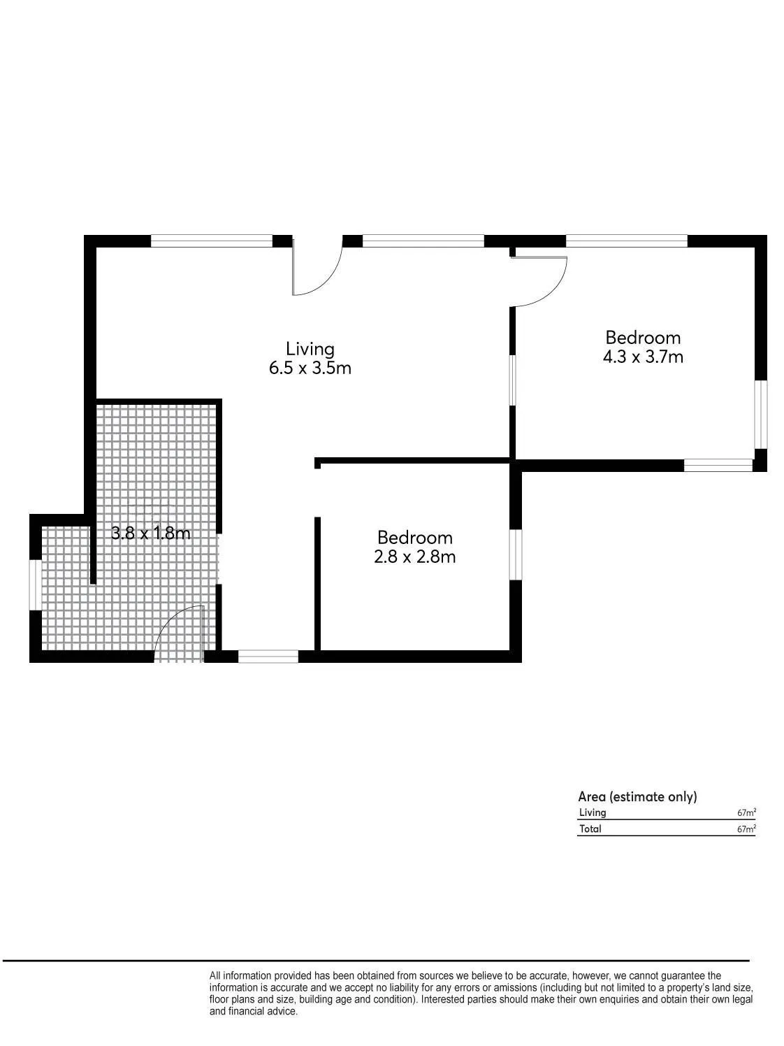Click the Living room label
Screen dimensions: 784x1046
[x=310, y=350]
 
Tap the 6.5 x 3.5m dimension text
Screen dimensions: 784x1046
[x=310, y=368]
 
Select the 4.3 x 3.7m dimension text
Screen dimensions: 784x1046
[x=643, y=357]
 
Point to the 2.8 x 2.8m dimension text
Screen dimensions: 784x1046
[x=414, y=557]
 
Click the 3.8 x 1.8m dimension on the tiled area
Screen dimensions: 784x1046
[x=150, y=533]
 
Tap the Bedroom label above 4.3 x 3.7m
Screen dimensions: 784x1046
[x=643, y=338]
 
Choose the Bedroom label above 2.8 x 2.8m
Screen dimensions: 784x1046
[x=414, y=538]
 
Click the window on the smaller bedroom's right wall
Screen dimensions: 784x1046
[x=516, y=554]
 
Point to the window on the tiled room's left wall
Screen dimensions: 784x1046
[x=35, y=585]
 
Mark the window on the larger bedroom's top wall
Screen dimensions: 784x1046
[x=627, y=241]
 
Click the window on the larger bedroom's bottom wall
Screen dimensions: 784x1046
[x=718, y=466]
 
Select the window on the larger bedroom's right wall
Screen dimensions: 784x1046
[x=761, y=414]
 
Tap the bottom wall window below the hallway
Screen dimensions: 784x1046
[x=268, y=657]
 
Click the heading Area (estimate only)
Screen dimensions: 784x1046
[x=637, y=797]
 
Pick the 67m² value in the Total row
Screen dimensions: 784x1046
[x=747, y=829]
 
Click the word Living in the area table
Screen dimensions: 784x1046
[x=593, y=813]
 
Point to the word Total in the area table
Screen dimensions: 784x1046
[x=590, y=829]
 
